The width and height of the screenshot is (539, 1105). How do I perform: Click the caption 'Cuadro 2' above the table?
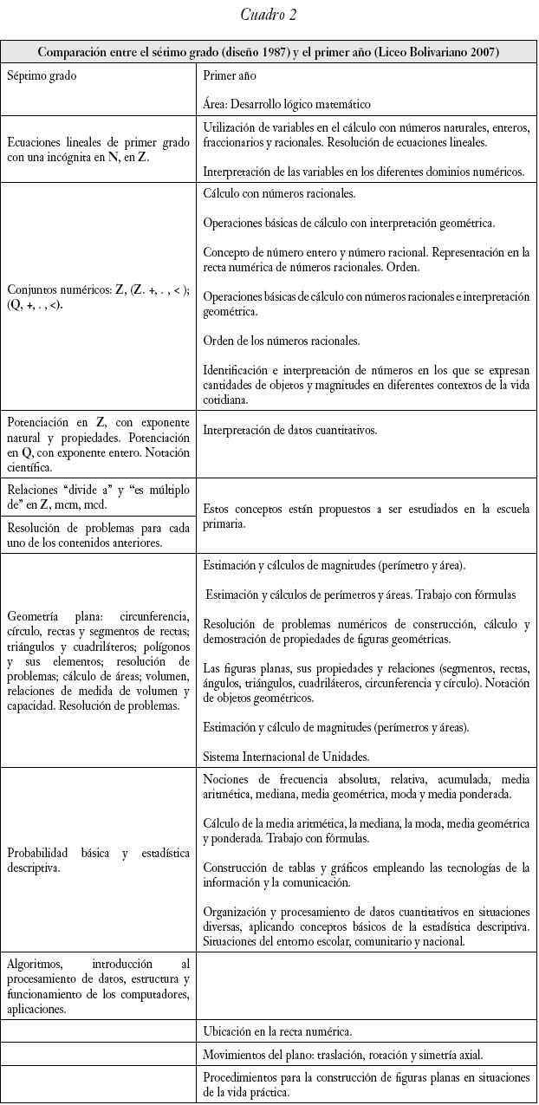click(x=269, y=14)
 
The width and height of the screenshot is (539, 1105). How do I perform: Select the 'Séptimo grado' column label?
click(x=42, y=75)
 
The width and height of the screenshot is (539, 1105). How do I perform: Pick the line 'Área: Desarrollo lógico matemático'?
click(x=287, y=104)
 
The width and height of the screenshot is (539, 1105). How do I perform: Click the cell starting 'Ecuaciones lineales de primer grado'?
click(x=98, y=150)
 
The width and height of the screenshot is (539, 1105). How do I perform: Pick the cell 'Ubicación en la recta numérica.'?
click(x=276, y=1031)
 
